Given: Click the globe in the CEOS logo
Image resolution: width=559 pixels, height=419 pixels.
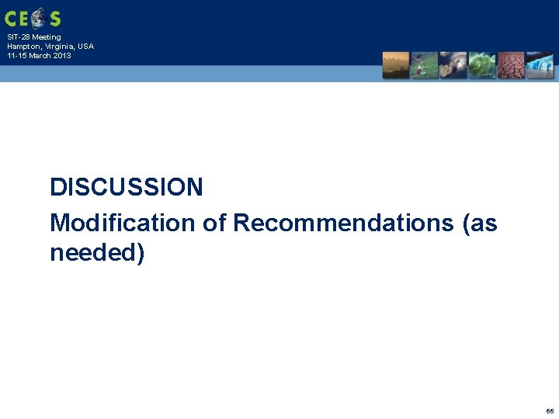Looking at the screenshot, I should click(x=36, y=17).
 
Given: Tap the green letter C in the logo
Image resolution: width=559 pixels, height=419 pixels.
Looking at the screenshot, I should click(x=11, y=18).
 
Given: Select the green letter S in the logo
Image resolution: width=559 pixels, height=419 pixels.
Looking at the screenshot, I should click(x=54, y=18).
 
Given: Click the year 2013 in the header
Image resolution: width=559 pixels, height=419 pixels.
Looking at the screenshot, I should click(x=61, y=56).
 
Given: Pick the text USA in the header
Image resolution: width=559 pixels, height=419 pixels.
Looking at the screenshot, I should click(x=85, y=47).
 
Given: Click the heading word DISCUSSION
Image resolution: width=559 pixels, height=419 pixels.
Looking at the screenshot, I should click(x=127, y=187).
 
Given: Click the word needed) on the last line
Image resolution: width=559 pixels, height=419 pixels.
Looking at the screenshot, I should click(x=97, y=253).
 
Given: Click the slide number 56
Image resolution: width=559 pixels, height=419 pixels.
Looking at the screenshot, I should click(x=550, y=410).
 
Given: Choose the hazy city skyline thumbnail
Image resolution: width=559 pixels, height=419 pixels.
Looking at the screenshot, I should click(x=395, y=65).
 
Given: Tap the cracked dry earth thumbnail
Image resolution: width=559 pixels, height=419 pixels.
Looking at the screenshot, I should click(x=511, y=65).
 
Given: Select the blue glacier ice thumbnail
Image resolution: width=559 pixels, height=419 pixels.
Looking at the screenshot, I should click(x=540, y=65).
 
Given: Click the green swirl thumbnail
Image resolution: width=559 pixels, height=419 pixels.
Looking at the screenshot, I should click(x=482, y=65).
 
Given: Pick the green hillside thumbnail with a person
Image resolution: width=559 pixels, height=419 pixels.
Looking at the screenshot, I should click(x=424, y=65).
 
